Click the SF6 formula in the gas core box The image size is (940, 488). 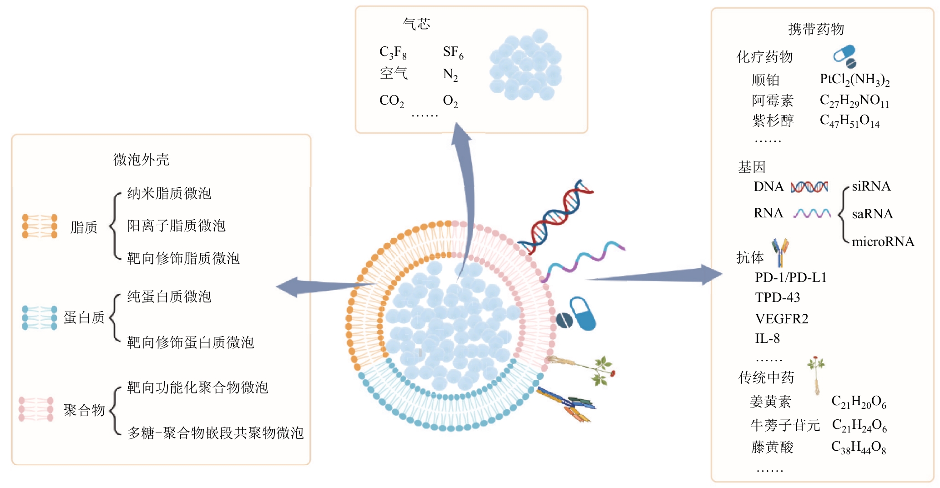(x=453, y=53)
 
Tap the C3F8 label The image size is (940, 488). (x=393, y=53)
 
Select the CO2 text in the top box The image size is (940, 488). (x=391, y=101)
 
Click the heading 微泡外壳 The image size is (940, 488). (x=141, y=160)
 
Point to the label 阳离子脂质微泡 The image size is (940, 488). (x=176, y=226)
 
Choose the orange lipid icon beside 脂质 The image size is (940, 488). (x=40, y=226)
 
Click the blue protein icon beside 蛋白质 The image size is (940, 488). (x=40, y=317)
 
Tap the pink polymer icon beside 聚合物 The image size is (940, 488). (x=36, y=409)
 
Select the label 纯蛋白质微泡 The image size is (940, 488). (x=169, y=297)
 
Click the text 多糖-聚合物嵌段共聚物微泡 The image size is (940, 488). (x=215, y=433)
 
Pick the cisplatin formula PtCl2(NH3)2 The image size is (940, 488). (x=854, y=80)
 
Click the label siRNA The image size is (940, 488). (x=871, y=186)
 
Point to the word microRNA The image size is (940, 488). (x=883, y=241)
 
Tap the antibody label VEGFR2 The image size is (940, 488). (x=782, y=319)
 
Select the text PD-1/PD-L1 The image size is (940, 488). (x=790, y=277)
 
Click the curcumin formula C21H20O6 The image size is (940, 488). (x=859, y=402)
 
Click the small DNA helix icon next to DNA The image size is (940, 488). (x=809, y=187)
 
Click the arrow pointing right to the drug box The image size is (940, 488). (x=660, y=275)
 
